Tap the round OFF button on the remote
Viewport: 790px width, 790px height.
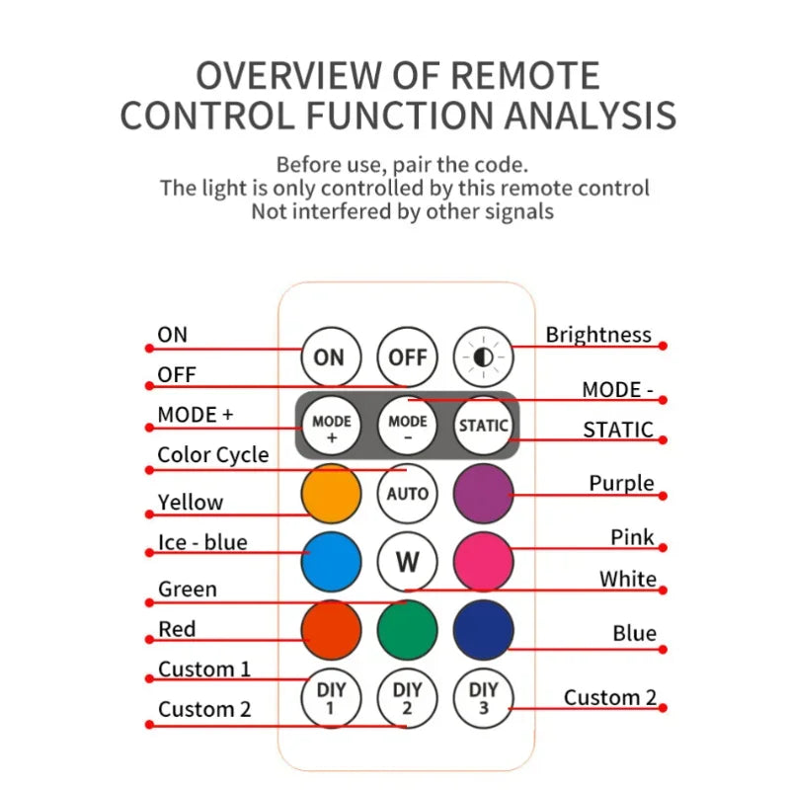(x=407, y=356)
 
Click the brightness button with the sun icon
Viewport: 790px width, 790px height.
(x=484, y=356)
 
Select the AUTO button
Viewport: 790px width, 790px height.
(x=407, y=493)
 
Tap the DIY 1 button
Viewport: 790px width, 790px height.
(x=330, y=698)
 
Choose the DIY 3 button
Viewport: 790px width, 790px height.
(x=484, y=698)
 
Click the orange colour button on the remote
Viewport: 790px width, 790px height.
(x=331, y=493)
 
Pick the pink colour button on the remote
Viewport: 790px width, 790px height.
(x=484, y=561)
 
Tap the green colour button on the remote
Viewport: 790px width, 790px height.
(x=407, y=629)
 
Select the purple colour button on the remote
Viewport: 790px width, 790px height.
(x=484, y=493)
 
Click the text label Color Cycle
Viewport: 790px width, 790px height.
(x=213, y=455)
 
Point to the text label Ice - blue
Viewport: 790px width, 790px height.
(x=202, y=542)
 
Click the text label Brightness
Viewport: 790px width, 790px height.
(x=598, y=335)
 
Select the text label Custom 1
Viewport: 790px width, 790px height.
(x=204, y=670)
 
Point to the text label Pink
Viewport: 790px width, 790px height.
(x=633, y=537)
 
